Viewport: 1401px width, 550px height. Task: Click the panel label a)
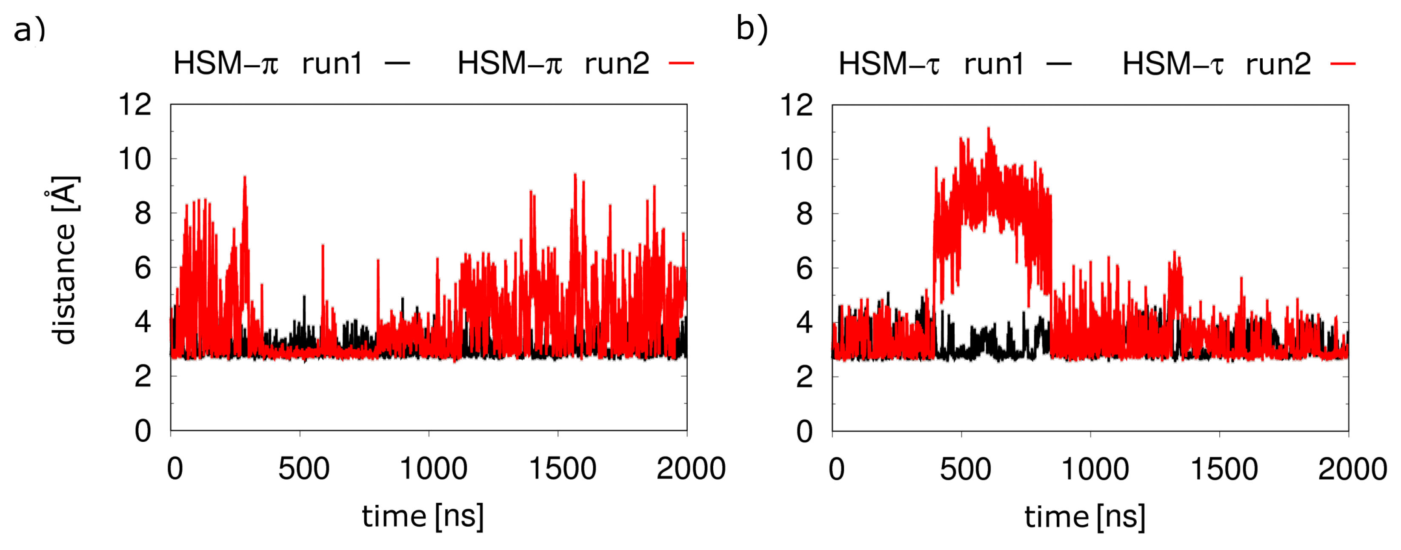(x=29, y=30)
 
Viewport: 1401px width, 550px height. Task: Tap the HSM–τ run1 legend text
(x=931, y=64)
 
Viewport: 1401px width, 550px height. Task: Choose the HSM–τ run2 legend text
(x=1217, y=64)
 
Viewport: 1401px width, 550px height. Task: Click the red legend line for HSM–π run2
(x=681, y=64)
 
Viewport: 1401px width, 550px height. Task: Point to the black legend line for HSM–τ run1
(x=1059, y=64)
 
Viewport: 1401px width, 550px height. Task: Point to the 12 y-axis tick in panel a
(x=135, y=104)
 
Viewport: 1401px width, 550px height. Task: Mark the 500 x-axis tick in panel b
(x=965, y=469)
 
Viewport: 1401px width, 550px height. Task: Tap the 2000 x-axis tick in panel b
(x=1352, y=469)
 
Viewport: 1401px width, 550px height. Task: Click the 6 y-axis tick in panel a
(x=143, y=268)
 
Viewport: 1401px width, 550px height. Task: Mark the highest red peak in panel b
(x=988, y=129)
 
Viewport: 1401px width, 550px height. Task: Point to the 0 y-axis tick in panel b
(x=804, y=431)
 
